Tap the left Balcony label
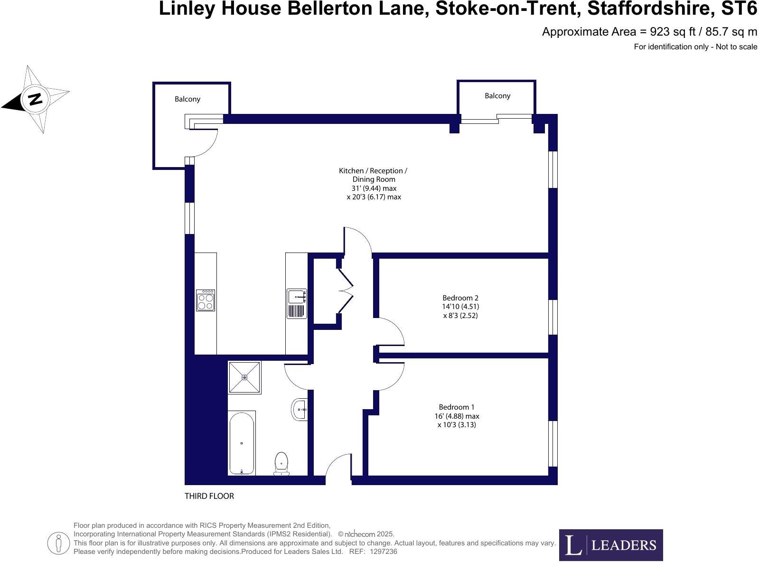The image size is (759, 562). coord(187,99)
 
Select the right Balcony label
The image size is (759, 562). coord(497,96)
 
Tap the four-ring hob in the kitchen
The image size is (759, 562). coord(206,300)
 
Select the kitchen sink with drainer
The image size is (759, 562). coord(297,304)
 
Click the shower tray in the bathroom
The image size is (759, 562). coord(244,377)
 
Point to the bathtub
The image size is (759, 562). coord(242,443)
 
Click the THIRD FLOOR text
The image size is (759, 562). coord(209,496)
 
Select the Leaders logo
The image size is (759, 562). coord(611,545)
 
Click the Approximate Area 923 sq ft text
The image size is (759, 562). coord(649,32)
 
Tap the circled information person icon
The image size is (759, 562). coord(59,543)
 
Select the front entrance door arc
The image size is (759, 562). coord(338,467)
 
